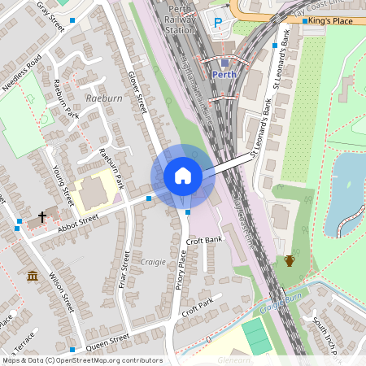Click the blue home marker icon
pos(183,176)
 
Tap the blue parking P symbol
pos(217,23)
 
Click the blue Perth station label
pos(224,74)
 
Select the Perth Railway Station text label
pos(180,19)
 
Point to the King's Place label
pos(330,21)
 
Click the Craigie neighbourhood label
pos(152,262)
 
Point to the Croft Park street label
pos(198,307)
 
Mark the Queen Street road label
pos(107,338)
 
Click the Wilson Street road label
pos(62,293)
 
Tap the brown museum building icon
pos(33,277)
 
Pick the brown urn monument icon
pos(289,260)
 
